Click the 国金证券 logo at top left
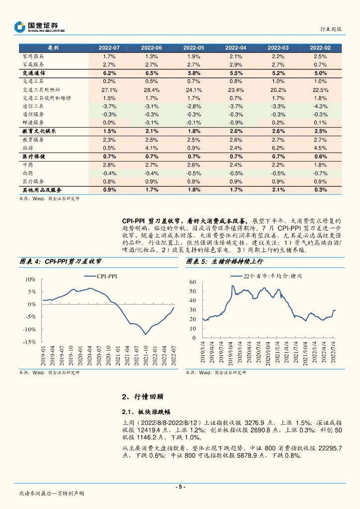pos(40,27)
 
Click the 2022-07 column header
pos(109,48)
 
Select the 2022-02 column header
pos(320,48)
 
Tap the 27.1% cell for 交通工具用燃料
pos(109,90)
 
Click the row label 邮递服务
pos(33,122)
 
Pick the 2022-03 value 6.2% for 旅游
pos(278,148)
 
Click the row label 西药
pos(28,173)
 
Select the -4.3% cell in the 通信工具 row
pos(320,106)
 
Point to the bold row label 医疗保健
pos(34,157)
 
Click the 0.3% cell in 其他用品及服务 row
pos(320,190)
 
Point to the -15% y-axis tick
pos(30,342)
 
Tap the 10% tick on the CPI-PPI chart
pos(31,279)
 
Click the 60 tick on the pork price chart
pos(193,282)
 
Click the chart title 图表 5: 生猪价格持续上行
pos(224,261)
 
